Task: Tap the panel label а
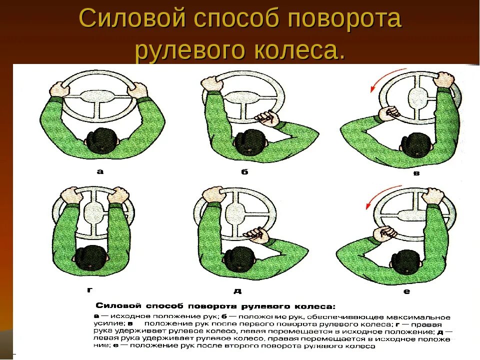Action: pyautogui.click(x=100, y=171)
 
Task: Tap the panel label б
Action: pyautogui.click(x=244, y=171)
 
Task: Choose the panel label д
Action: pyautogui.click(x=236, y=290)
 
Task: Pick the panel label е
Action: pyautogui.click(x=406, y=290)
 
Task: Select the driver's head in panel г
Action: pyautogui.click(x=93, y=258)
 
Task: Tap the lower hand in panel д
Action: pyautogui.click(x=254, y=233)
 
